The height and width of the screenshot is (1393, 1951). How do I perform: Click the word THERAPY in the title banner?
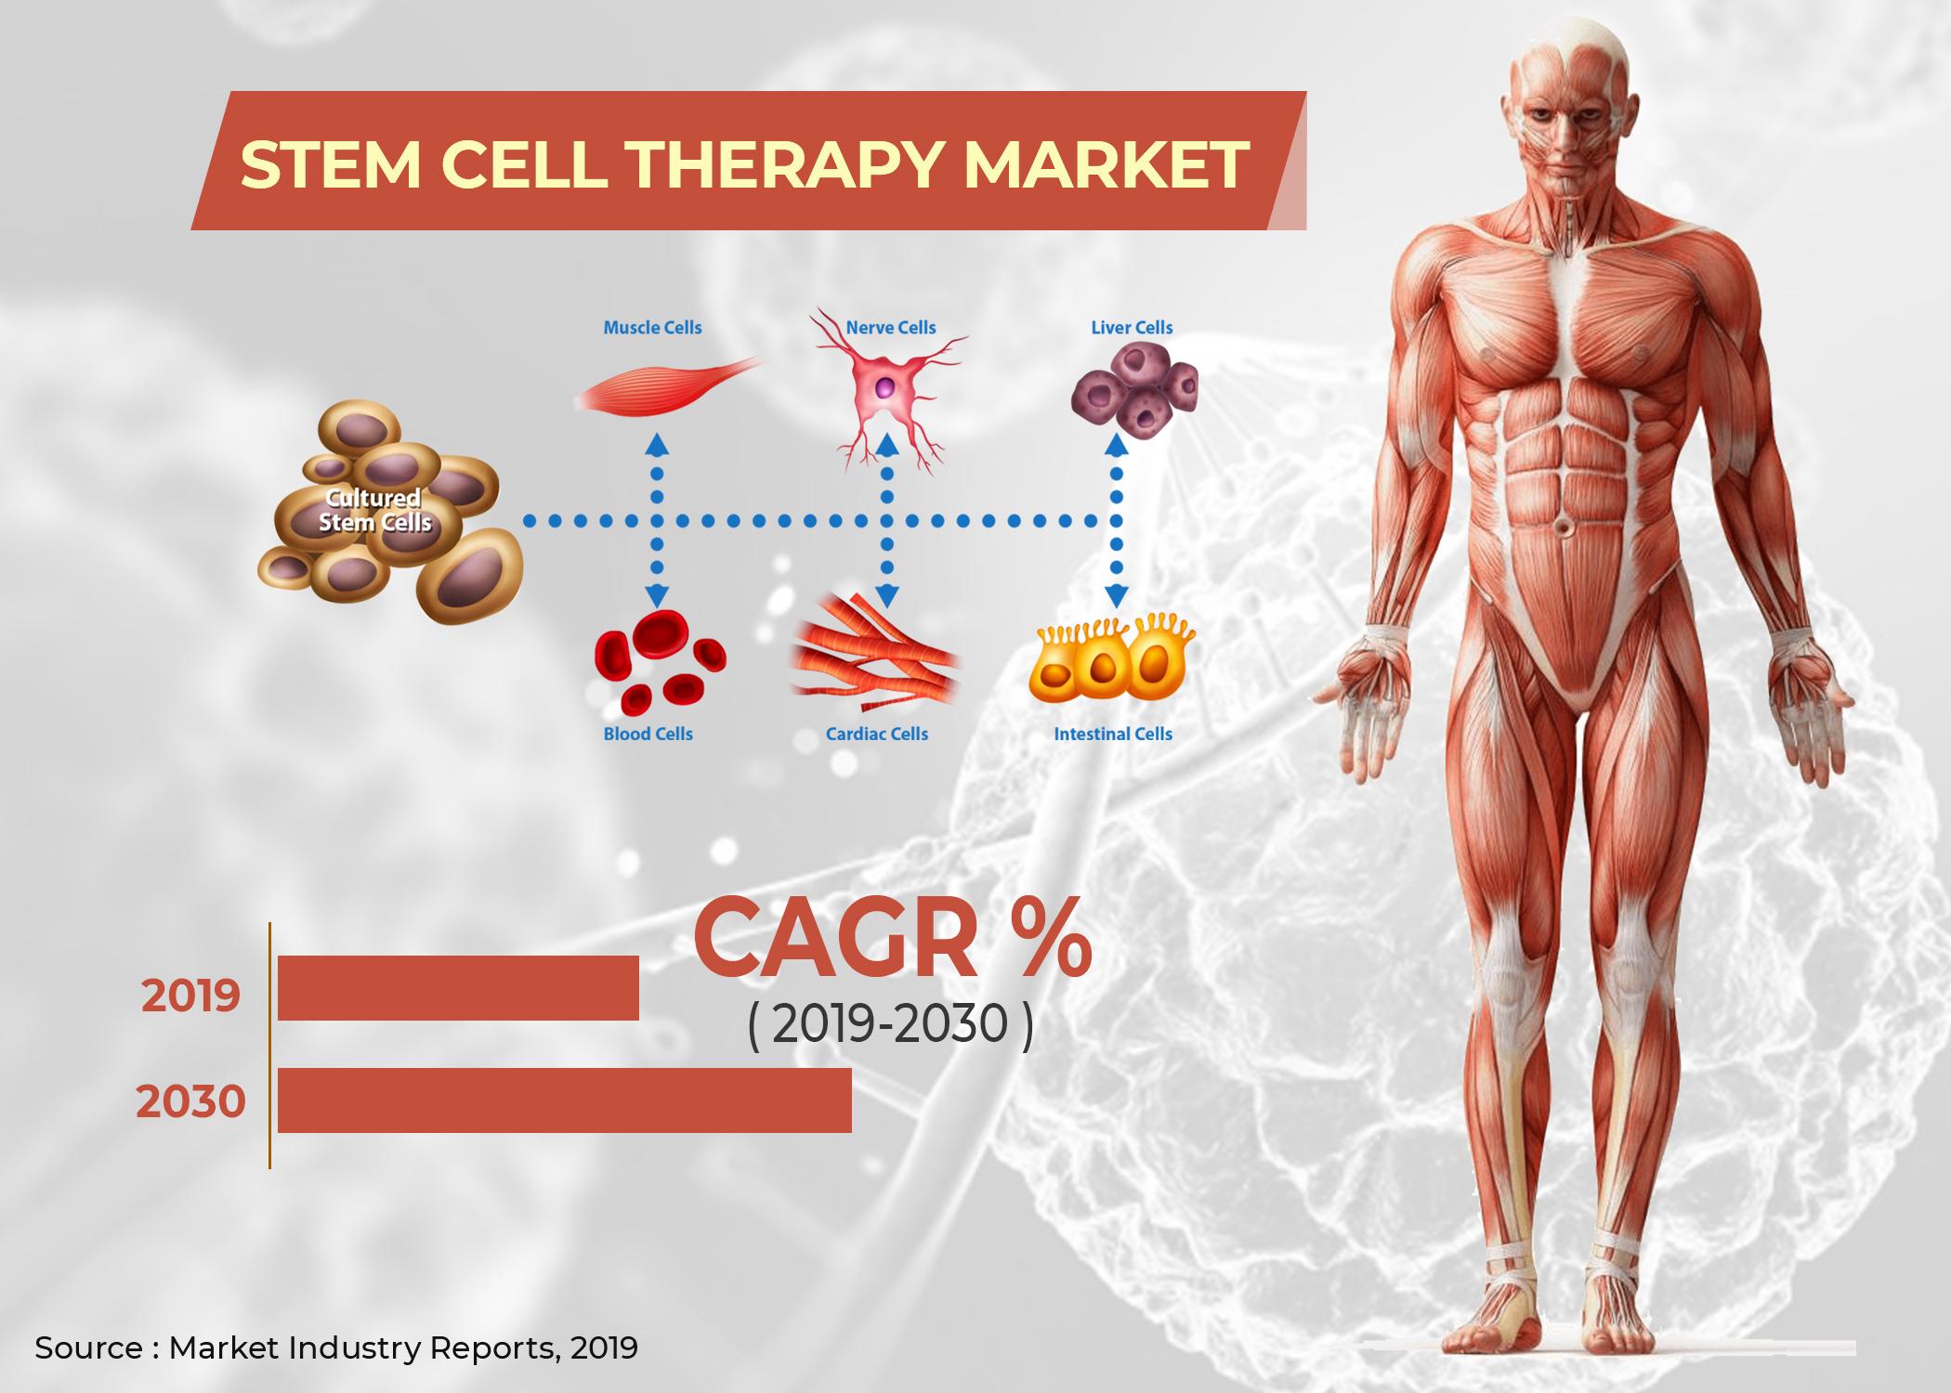(x=785, y=164)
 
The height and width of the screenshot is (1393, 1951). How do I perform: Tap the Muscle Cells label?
(x=652, y=328)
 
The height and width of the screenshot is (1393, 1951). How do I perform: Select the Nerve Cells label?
(x=891, y=328)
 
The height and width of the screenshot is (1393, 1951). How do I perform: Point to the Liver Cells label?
(x=1132, y=328)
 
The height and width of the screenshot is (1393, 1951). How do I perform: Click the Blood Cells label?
(x=648, y=734)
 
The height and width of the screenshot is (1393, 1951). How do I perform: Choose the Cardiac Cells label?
(x=877, y=734)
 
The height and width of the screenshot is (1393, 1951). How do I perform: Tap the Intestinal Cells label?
(x=1113, y=734)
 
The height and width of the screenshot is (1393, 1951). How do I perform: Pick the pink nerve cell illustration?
(x=885, y=388)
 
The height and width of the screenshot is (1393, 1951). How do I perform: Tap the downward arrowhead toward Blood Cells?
(x=657, y=595)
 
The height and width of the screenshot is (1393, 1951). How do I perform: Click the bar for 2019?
(x=458, y=988)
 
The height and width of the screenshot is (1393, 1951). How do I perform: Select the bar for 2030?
(x=565, y=1100)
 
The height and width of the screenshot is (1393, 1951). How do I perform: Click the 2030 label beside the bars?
(x=190, y=1101)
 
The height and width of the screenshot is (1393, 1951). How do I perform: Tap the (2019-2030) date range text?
(x=891, y=1024)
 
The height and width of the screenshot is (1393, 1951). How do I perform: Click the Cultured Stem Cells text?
(x=374, y=511)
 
